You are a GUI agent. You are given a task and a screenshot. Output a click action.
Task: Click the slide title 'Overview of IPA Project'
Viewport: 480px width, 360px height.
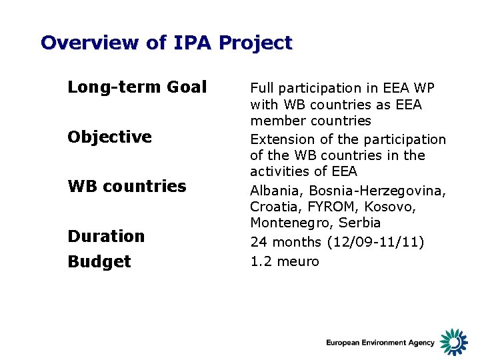(166, 43)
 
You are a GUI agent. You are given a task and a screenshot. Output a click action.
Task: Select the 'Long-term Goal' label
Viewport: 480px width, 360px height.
(137, 87)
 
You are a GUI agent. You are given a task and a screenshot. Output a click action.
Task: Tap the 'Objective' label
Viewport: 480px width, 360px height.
(109, 137)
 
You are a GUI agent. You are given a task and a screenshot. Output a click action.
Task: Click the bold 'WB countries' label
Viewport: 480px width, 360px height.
(127, 186)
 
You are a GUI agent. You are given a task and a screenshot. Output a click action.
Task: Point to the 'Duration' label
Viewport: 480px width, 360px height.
(106, 236)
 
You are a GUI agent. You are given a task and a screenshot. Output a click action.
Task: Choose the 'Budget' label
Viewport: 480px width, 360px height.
(99, 261)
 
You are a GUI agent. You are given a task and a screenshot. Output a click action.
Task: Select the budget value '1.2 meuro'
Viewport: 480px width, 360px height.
(285, 261)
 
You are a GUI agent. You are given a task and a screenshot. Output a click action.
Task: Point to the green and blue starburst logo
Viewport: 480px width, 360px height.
(454, 341)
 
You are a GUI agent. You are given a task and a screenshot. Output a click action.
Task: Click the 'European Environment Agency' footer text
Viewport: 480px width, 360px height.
(380, 343)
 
